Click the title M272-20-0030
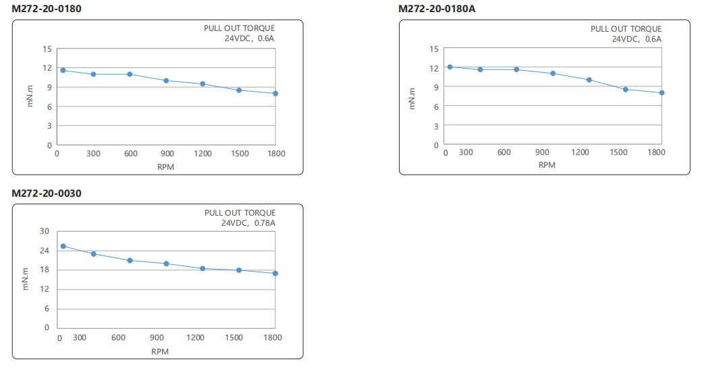(47, 193)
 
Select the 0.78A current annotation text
(265, 222)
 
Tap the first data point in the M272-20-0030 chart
(63, 246)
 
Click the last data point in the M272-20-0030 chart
(275, 273)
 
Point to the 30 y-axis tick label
(45, 231)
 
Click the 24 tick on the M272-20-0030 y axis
(45, 251)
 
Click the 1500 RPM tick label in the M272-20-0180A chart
(618, 152)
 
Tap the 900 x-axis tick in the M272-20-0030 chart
(157, 337)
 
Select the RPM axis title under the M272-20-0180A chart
(547, 164)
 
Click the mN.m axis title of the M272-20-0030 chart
(26, 279)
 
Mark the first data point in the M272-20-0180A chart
(450, 67)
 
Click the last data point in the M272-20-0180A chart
(662, 92)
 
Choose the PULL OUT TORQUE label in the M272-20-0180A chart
(626, 29)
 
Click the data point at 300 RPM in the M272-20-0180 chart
(94, 74)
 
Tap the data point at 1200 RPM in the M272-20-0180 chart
(202, 84)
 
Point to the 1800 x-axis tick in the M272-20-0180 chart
(275, 154)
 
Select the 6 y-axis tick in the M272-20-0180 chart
(49, 106)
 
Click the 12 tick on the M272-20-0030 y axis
(45, 289)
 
